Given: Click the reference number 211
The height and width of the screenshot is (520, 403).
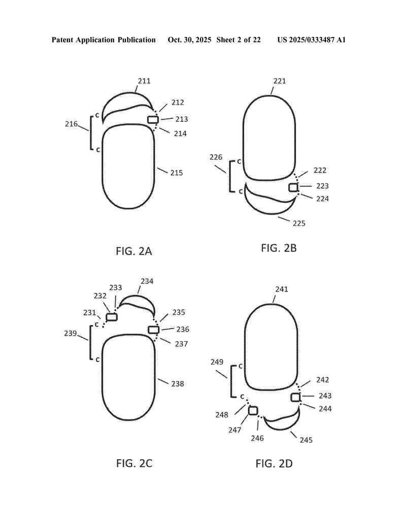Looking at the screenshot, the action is point(144,81).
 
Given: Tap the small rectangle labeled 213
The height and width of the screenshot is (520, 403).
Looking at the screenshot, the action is point(153,119).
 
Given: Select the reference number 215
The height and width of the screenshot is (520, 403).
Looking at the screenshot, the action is point(177,173).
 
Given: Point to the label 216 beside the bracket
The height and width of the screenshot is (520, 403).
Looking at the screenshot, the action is point(71,124).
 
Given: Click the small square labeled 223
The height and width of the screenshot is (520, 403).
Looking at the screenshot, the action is point(293,188).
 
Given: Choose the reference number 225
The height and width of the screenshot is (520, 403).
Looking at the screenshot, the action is point(299,223).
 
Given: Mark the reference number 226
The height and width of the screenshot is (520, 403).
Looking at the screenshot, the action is point(216,157).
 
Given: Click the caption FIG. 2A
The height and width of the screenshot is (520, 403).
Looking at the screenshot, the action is point(134,251).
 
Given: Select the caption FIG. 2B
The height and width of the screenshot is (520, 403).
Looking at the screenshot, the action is point(279,248).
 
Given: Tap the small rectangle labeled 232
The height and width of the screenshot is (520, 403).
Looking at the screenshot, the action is point(112,317).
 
